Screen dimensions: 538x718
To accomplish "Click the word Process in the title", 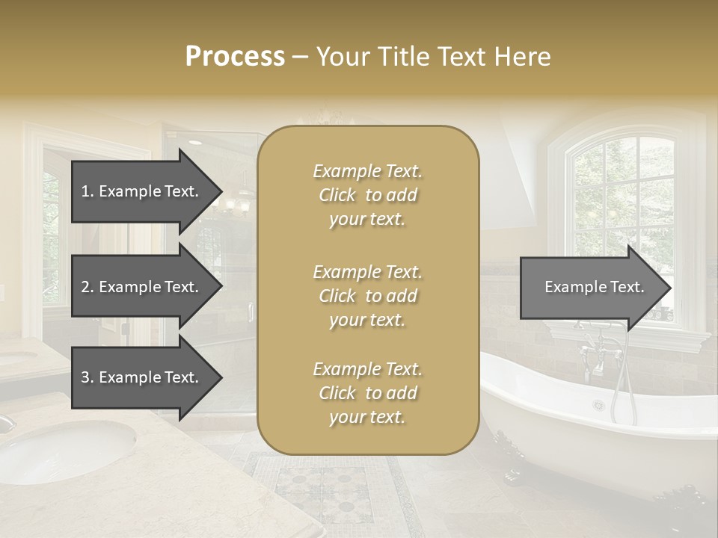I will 235,57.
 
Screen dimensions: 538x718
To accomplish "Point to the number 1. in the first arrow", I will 88,191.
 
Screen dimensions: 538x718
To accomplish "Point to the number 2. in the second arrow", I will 88,287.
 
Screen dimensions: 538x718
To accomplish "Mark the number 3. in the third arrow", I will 88,377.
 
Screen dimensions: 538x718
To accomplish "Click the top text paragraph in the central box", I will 367,195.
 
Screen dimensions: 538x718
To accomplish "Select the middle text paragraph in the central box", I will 367,296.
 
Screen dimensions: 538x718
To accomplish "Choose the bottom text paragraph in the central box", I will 367,393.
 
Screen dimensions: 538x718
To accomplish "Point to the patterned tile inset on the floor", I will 323,489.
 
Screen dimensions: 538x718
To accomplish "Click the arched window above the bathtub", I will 625,194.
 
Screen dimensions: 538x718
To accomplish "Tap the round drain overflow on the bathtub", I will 598,405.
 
